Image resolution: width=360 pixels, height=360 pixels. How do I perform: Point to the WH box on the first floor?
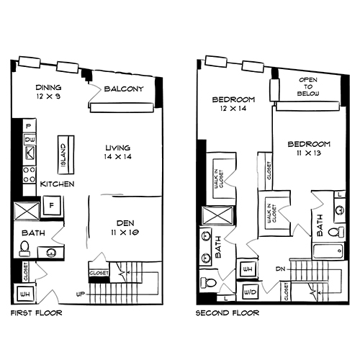tap(23, 295)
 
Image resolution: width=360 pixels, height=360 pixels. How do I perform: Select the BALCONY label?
tap(123, 89)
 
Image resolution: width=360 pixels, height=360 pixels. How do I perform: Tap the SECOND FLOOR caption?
tap(228, 314)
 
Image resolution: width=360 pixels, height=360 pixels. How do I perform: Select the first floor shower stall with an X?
tap(27, 212)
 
